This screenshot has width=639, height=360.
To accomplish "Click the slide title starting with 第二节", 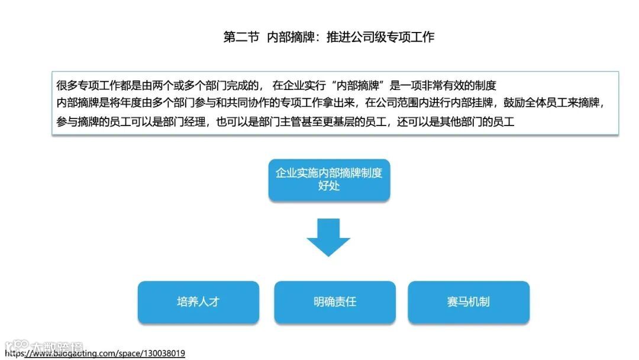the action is pos(328,37).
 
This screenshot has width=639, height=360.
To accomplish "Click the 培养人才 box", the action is pos(198,302).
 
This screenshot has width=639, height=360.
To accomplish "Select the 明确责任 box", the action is pos(335,302).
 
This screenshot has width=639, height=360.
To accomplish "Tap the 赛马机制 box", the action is pos(469,302).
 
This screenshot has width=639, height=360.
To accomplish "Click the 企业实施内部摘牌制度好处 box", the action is pos(329,179).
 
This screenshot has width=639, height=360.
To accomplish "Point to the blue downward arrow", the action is pos(328,237).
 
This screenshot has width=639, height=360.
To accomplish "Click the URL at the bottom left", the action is pos(95,353).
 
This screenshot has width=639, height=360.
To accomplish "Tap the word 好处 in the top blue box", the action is pos(329,186).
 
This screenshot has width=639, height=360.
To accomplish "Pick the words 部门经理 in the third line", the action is pos(181,122).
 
